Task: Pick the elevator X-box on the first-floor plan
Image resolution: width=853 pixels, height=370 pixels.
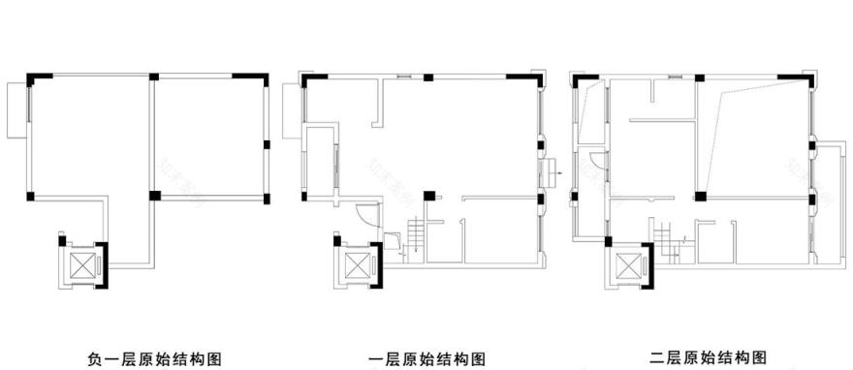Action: [355, 262]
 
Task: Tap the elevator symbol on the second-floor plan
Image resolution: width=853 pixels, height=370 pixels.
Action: [627, 264]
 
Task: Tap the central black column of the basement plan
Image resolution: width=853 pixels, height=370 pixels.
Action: [152, 195]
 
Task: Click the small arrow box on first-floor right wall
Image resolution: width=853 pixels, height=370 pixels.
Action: [550, 174]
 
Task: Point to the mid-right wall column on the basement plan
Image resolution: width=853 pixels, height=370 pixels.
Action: [267, 145]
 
